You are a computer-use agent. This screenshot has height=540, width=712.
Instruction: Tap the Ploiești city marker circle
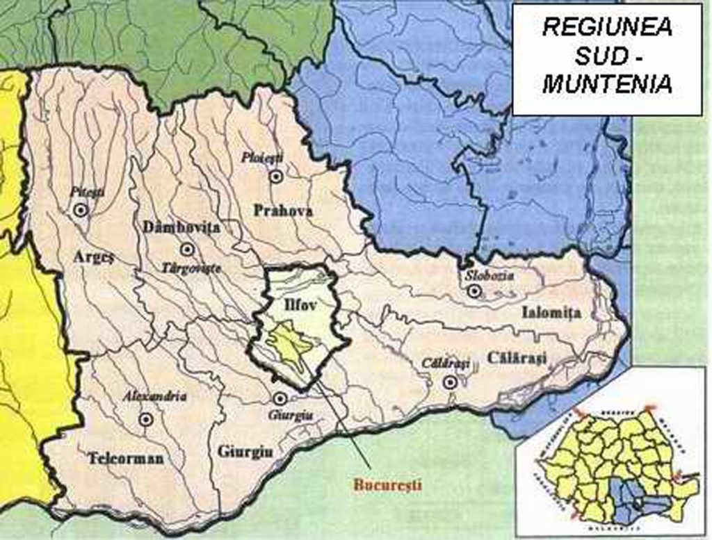click(x=276, y=176)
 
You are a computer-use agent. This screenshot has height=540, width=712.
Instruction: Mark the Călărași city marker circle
click(x=451, y=381)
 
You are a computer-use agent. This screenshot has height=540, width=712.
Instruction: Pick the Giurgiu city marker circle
click(x=280, y=398)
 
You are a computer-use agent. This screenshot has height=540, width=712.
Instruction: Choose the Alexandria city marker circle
click(x=146, y=418)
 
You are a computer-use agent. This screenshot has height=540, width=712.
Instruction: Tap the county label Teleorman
click(x=126, y=458)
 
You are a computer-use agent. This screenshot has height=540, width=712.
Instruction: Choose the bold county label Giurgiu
click(x=245, y=451)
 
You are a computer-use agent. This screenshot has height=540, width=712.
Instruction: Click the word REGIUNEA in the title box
click(x=606, y=28)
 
